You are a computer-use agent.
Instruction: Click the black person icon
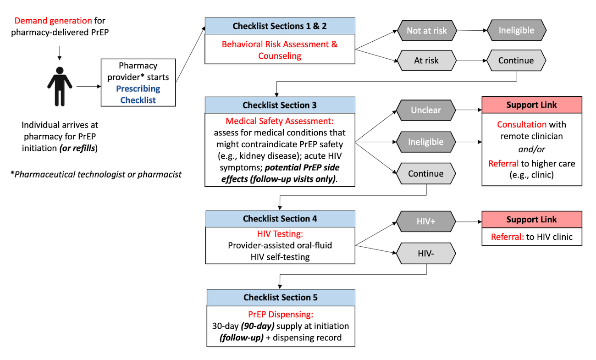click(x=60, y=86)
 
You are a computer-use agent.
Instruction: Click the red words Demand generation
click(x=53, y=21)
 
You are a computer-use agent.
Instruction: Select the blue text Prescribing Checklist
click(x=138, y=94)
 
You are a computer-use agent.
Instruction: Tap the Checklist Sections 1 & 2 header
click(x=280, y=26)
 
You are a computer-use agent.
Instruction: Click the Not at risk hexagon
click(x=426, y=31)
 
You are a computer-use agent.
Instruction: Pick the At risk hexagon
click(x=426, y=61)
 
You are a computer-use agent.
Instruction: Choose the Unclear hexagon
click(x=426, y=111)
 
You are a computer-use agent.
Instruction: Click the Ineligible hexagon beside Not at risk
click(x=517, y=31)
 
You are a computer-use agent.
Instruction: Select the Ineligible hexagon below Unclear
click(x=426, y=142)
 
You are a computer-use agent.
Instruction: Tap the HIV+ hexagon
click(x=426, y=222)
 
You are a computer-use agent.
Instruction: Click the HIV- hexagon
click(x=426, y=253)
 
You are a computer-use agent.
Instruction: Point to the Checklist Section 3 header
click(x=280, y=105)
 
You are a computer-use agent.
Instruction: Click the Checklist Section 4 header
click(x=280, y=219)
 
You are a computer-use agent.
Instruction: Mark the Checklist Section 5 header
click(x=280, y=298)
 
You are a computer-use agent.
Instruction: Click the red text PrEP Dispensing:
click(x=280, y=315)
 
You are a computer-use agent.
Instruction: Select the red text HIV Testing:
click(x=280, y=234)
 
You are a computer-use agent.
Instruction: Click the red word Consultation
click(x=522, y=124)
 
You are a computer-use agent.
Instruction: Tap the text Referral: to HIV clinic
click(x=531, y=237)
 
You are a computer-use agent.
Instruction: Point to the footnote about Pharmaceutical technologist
click(x=96, y=174)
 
